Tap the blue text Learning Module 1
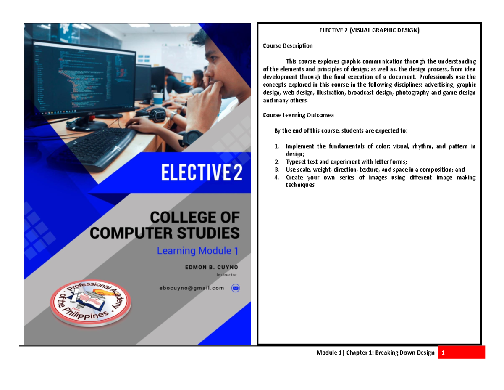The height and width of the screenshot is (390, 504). click(x=197, y=251)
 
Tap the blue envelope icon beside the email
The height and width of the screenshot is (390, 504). click(x=235, y=288)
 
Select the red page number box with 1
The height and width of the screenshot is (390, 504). click(x=461, y=353)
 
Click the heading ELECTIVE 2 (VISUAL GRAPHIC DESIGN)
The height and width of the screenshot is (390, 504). click(x=369, y=30)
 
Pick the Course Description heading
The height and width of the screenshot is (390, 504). click(x=287, y=45)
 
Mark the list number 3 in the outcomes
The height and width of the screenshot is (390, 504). click(x=276, y=170)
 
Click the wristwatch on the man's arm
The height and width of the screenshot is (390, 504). click(x=194, y=137)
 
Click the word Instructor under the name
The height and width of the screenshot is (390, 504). click(x=226, y=275)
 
